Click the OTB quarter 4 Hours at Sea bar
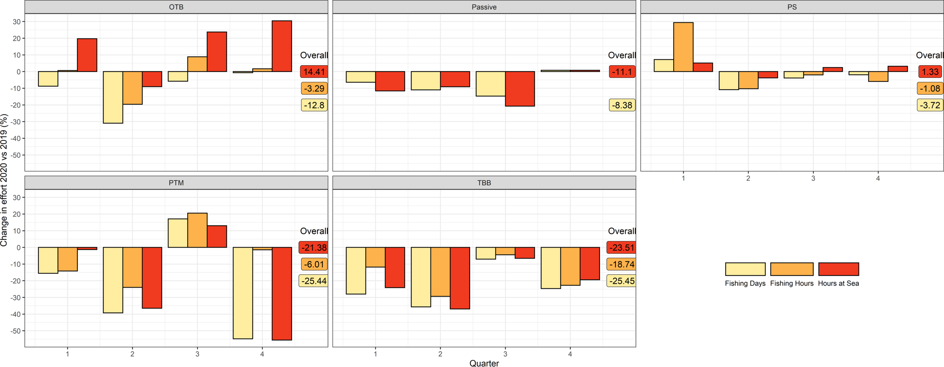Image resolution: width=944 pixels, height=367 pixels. [x=282, y=46]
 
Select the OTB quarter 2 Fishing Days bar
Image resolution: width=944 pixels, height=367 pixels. [x=113, y=97]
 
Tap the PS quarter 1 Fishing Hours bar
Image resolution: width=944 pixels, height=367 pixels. [x=683, y=47]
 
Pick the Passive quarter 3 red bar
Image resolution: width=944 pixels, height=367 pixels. [x=520, y=89]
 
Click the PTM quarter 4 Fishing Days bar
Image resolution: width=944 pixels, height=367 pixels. [x=243, y=293]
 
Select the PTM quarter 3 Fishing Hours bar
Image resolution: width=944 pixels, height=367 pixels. [x=197, y=230]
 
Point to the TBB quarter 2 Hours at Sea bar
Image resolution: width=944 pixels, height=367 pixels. [x=460, y=278]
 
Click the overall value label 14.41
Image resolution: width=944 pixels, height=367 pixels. [x=314, y=72]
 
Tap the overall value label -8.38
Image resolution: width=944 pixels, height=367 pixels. [x=622, y=105]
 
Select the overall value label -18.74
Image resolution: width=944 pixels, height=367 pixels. [x=622, y=264]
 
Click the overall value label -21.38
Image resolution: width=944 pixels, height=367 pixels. [x=314, y=248]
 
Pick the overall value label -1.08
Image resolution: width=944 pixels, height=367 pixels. [x=930, y=88]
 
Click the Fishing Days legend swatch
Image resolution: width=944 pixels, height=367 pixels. [x=745, y=269]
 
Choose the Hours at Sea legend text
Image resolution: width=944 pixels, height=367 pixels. [x=838, y=283]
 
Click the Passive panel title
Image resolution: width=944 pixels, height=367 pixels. [x=484, y=7]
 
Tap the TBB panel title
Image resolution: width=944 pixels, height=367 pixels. [x=484, y=183]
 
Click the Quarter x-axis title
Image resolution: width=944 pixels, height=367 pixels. [x=484, y=363]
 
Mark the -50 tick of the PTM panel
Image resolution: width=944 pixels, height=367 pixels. [x=17, y=331]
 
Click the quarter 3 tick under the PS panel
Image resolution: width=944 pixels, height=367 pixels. [x=813, y=178]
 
